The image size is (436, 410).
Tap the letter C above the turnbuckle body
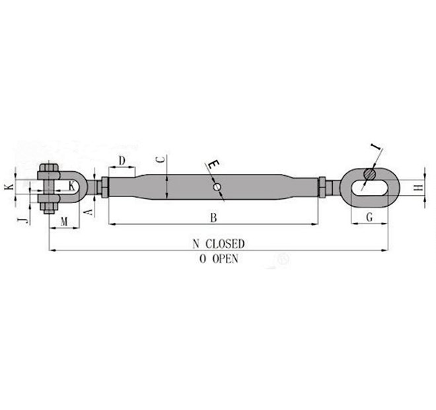coord(159,161)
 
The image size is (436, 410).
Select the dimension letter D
coord(122,161)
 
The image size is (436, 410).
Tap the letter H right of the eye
coord(417,188)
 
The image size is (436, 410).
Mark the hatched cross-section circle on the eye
coord(370,175)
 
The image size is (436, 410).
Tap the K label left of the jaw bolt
coord(9,188)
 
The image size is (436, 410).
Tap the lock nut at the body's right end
coord(322,188)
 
